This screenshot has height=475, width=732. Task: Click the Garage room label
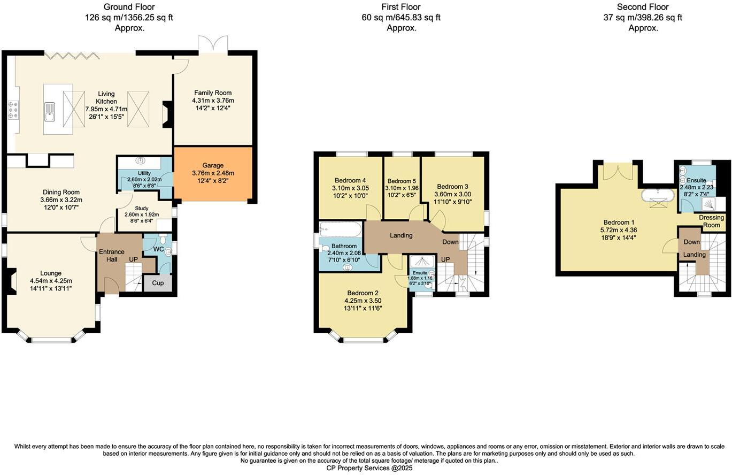point(213,165)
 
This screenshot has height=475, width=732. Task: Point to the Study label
point(142,209)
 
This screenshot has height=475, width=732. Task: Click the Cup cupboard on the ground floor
point(158,283)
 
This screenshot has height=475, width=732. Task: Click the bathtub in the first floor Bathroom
point(340,231)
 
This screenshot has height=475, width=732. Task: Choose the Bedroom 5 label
point(402,181)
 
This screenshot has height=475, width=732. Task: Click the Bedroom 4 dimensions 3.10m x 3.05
point(350,188)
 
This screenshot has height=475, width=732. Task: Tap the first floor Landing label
point(401,235)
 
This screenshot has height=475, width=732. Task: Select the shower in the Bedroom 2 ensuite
point(421,262)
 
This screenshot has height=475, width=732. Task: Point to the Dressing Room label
point(711,221)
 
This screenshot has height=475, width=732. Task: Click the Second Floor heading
point(643,7)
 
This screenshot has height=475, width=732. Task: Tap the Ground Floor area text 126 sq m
point(129,18)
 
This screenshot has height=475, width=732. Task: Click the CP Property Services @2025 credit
point(369,468)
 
